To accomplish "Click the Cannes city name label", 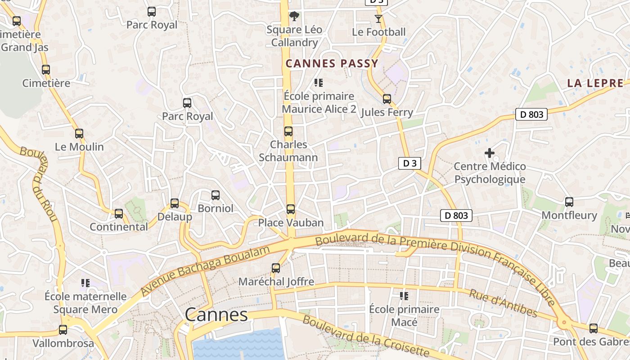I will (x=216, y=315).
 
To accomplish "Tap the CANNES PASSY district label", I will (x=332, y=63).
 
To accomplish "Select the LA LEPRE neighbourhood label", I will (x=595, y=83).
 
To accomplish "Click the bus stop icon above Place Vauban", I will (x=291, y=209).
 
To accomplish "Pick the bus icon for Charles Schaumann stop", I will (x=288, y=131).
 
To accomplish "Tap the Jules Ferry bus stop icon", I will (x=387, y=99).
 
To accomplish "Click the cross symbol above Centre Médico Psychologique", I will (x=490, y=153).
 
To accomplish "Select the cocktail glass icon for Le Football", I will (x=378, y=19).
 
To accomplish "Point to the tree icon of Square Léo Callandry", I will (x=294, y=17).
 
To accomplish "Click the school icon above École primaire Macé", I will (x=404, y=296).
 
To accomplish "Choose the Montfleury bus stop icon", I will (x=569, y=202).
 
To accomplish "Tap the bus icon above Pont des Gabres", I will (x=594, y=328).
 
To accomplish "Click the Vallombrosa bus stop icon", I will (x=63, y=330).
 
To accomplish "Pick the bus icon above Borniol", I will (x=216, y=195).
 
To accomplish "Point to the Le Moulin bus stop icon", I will (x=79, y=134).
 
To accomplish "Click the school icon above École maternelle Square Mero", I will (x=85, y=283).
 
